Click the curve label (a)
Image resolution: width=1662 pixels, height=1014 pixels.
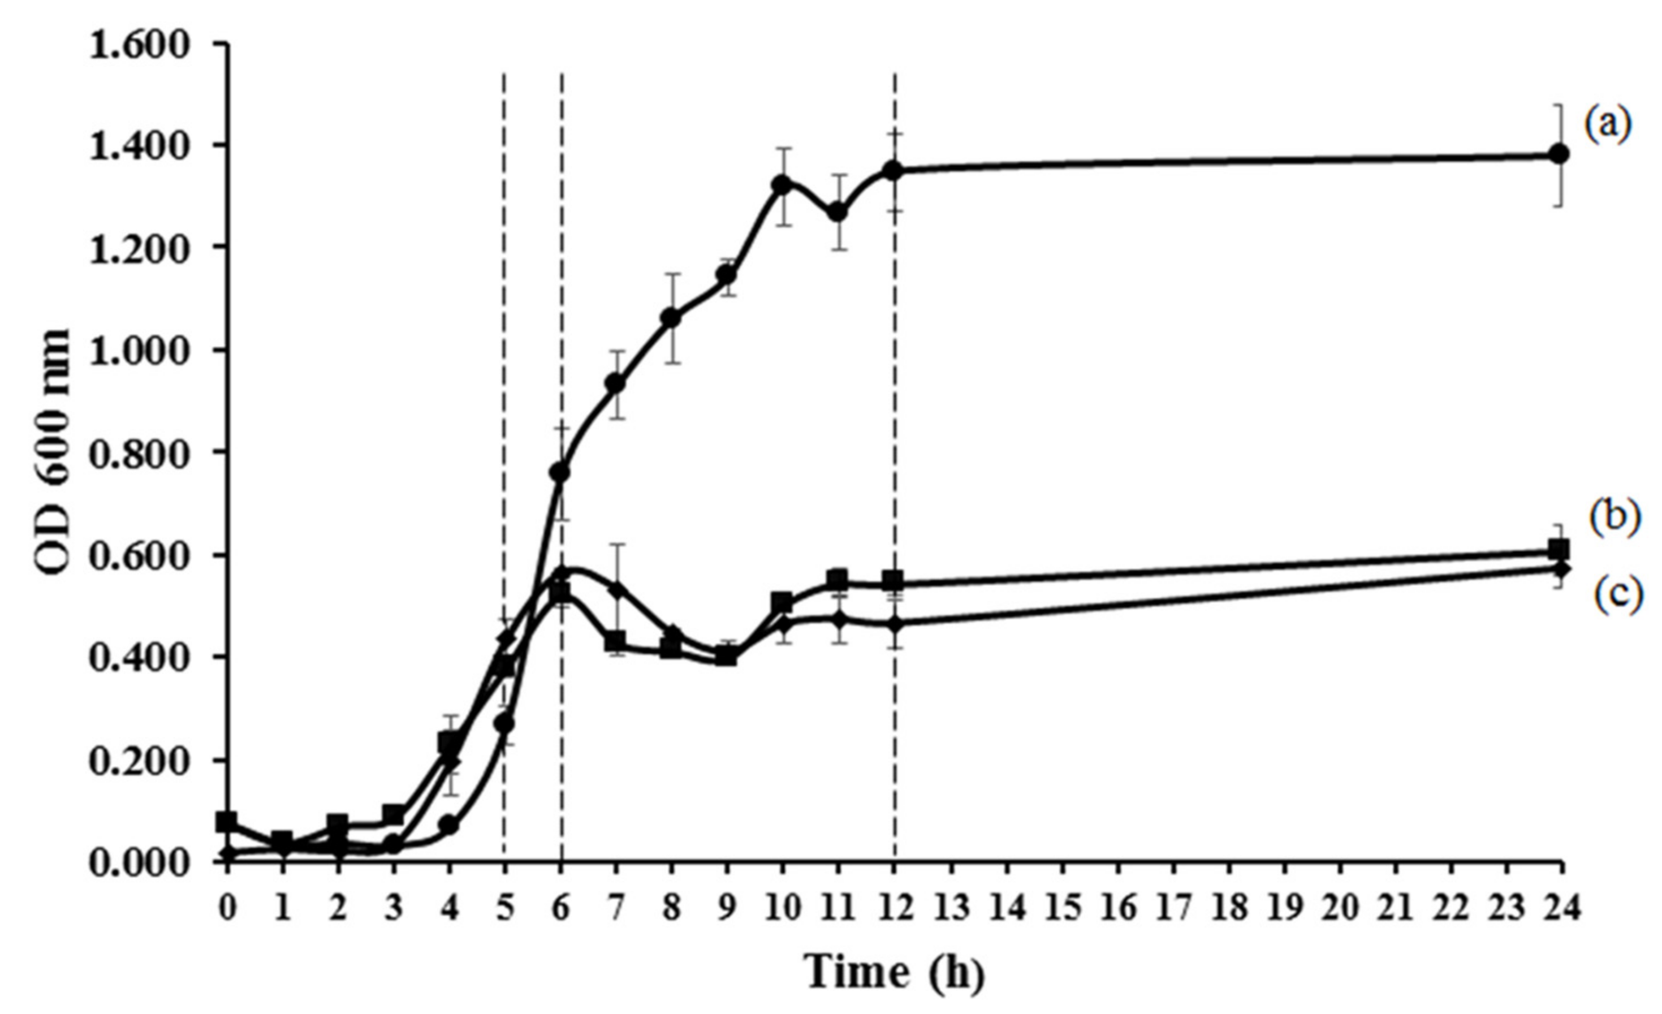point(1613,127)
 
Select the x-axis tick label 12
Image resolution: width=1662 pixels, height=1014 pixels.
point(895,909)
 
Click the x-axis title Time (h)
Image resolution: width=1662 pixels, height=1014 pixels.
point(895,972)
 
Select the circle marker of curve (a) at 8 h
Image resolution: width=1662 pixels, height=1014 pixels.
point(671,317)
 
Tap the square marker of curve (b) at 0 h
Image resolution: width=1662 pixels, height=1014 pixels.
point(227,822)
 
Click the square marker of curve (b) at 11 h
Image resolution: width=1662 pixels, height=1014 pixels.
point(838,580)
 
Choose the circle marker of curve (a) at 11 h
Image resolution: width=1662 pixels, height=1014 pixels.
point(838,213)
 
